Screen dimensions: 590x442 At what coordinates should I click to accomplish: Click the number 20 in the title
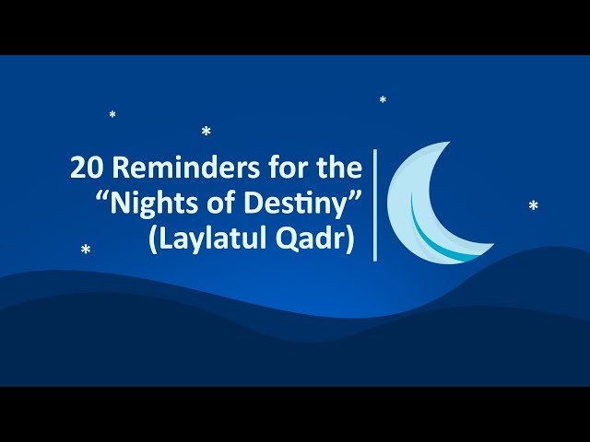87,168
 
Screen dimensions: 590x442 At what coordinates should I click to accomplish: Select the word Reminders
186,167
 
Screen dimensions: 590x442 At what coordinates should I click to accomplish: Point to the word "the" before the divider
339,167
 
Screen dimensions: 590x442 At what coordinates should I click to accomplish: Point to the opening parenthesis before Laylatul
152,239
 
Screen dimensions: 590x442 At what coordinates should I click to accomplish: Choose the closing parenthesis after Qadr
350,239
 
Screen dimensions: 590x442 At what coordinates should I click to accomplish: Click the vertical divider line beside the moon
375,204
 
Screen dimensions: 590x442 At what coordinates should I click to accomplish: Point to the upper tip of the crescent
450,142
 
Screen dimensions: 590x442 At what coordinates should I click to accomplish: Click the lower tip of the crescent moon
494,244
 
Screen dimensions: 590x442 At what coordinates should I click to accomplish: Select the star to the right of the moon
533,205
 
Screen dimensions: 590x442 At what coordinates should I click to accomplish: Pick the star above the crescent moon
383,99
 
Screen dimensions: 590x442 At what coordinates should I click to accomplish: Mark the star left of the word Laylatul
86,249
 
